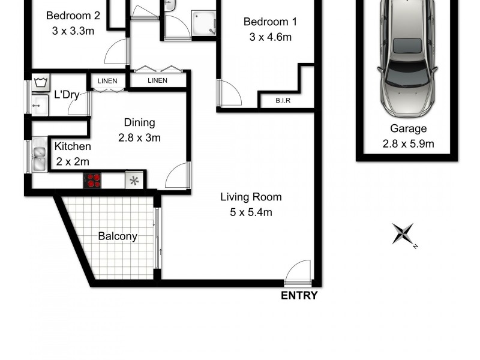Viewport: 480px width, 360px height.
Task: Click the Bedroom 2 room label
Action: (70, 15)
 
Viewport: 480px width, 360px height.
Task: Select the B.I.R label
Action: (283, 100)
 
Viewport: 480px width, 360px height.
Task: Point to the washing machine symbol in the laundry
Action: (40, 82)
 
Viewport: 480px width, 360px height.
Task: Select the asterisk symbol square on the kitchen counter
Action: (134, 180)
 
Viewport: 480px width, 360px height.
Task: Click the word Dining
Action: (139, 122)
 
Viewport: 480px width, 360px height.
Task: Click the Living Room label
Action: (251, 197)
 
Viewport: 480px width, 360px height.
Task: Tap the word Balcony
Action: (118, 236)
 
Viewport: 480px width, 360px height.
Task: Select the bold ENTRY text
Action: (299, 295)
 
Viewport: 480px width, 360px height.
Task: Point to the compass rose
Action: (403, 233)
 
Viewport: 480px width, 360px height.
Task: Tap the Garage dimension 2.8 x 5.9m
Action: (408, 143)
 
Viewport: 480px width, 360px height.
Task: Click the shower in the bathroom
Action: (203, 23)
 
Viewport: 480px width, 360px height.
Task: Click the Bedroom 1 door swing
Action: (229, 93)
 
